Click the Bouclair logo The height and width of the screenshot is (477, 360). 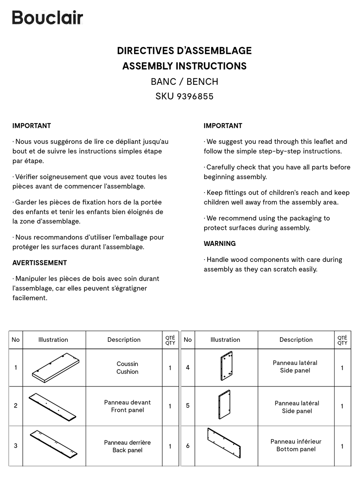tap(47, 18)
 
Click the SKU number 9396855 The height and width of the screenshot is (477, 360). tap(184, 96)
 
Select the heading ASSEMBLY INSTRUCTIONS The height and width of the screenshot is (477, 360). tap(184, 66)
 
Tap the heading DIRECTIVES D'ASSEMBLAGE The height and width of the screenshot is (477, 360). tap(184, 51)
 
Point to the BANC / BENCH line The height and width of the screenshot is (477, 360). tap(184, 81)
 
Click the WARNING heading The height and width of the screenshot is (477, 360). tap(219, 244)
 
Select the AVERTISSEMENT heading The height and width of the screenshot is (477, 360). tap(39, 263)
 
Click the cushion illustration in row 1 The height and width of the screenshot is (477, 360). tap(55, 368)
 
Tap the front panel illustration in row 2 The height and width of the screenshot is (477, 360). tap(52, 406)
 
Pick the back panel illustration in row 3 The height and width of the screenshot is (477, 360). tap(53, 444)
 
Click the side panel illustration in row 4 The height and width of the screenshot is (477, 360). tap(226, 366)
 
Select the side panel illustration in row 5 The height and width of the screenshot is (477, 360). tap(224, 405)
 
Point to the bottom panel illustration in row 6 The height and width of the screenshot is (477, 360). tap(224, 443)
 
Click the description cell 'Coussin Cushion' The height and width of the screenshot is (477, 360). tap(127, 368)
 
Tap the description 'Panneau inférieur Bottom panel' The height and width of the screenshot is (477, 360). tap(296, 446)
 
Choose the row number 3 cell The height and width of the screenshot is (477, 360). tap(16, 446)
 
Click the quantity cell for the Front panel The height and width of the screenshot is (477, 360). tap(170, 406)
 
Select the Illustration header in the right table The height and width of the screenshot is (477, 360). tap(225, 340)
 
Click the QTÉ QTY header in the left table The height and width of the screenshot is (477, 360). tap(170, 340)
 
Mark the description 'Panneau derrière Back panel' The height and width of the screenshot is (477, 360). tap(127, 446)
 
